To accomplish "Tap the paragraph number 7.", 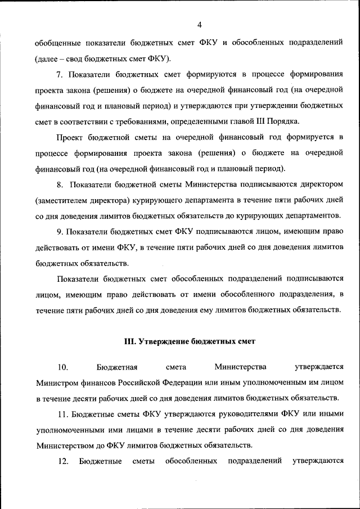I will (60, 74).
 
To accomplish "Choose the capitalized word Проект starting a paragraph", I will (70, 137).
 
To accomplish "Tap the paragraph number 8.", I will (60, 184).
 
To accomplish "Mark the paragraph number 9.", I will (60, 231).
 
